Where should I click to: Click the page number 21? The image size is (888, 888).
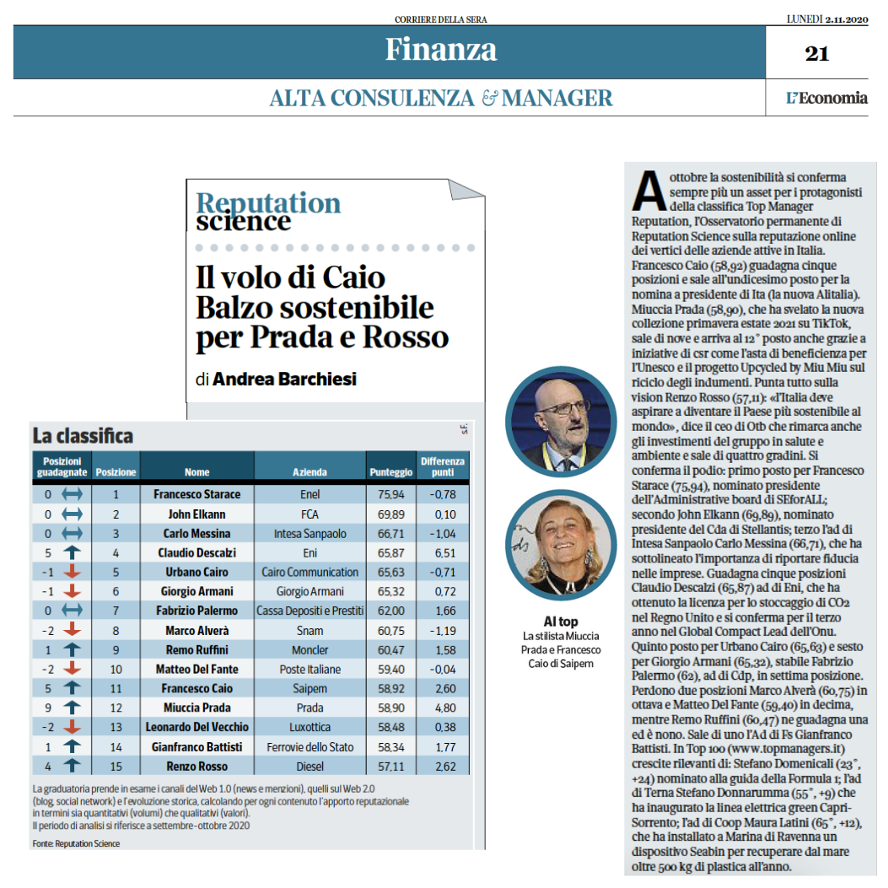[x=816, y=53]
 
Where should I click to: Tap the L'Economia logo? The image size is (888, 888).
[x=826, y=98]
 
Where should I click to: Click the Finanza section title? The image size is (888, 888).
[x=440, y=49]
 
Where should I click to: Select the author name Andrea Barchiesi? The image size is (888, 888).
[x=284, y=379]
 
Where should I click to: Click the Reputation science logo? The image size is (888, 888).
[x=268, y=211]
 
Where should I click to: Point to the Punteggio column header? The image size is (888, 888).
[x=390, y=471]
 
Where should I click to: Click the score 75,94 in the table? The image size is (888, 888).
[x=390, y=494]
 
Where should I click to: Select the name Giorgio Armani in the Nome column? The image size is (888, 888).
[x=196, y=591]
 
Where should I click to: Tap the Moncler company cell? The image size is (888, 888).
[x=309, y=649]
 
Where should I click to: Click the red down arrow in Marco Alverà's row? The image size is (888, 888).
[x=72, y=629]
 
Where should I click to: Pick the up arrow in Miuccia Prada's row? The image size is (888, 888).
[x=72, y=707]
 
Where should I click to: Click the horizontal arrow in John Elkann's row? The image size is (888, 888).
[x=72, y=514]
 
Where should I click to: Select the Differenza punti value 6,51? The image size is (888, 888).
[x=443, y=552]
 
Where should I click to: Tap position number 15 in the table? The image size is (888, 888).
[x=116, y=767]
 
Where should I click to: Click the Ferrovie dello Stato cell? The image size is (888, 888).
[x=309, y=747]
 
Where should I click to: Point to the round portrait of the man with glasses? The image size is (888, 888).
[x=561, y=422]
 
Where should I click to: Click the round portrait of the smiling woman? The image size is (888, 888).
[x=561, y=545]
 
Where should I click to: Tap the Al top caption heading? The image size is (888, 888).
[x=561, y=622]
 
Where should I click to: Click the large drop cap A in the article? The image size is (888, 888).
[x=649, y=191]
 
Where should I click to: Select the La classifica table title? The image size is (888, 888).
[x=83, y=436]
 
